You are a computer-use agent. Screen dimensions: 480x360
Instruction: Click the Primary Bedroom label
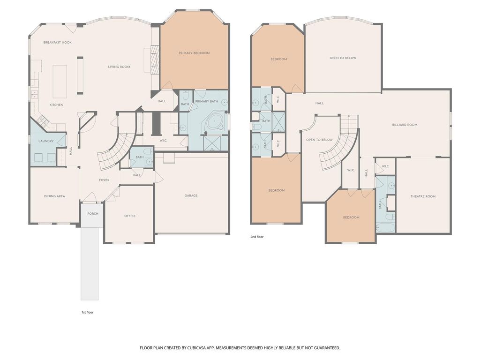[x=194, y=53]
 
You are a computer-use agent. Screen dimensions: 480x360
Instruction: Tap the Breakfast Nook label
[x=58, y=43]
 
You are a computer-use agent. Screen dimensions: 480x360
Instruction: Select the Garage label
[x=191, y=195]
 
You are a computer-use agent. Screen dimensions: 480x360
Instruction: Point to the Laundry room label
[x=46, y=141]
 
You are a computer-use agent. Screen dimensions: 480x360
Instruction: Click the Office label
[x=130, y=216]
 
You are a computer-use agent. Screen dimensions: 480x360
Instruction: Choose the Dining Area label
[x=54, y=196]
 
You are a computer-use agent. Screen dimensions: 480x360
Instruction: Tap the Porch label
[x=93, y=214]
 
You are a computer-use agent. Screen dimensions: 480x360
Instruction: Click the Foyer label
[x=105, y=180]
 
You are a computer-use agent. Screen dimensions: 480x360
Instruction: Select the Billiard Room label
[x=405, y=125]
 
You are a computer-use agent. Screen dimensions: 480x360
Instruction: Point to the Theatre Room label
[x=423, y=196]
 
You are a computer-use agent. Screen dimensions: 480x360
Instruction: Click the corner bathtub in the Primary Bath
[x=215, y=122]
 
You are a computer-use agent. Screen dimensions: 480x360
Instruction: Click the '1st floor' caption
[x=87, y=312]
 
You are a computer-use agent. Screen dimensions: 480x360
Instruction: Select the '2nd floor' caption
[x=257, y=237]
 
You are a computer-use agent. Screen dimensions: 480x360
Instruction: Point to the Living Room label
[x=119, y=67]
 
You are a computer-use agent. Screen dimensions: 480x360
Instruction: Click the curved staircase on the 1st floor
[x=116, y=151]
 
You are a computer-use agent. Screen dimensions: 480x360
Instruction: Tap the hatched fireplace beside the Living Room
[x=155, y=60]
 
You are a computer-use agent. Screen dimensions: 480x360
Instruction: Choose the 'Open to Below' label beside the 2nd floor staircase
[x=319, y=140]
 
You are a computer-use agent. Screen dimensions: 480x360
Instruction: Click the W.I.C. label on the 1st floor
[x=163, y=141]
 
